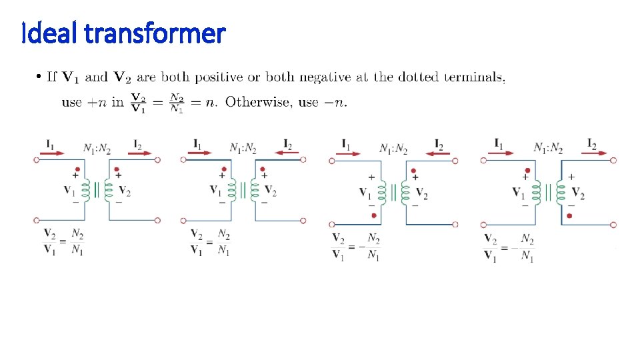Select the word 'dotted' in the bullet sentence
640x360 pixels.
417,77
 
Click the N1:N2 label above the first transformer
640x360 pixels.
98,148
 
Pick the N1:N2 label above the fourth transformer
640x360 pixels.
548,148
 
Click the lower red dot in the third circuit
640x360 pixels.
373,215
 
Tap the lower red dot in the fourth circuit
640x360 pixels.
571,216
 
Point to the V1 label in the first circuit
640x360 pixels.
69,190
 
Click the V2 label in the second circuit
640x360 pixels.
270,191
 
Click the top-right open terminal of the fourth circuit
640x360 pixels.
613,160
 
